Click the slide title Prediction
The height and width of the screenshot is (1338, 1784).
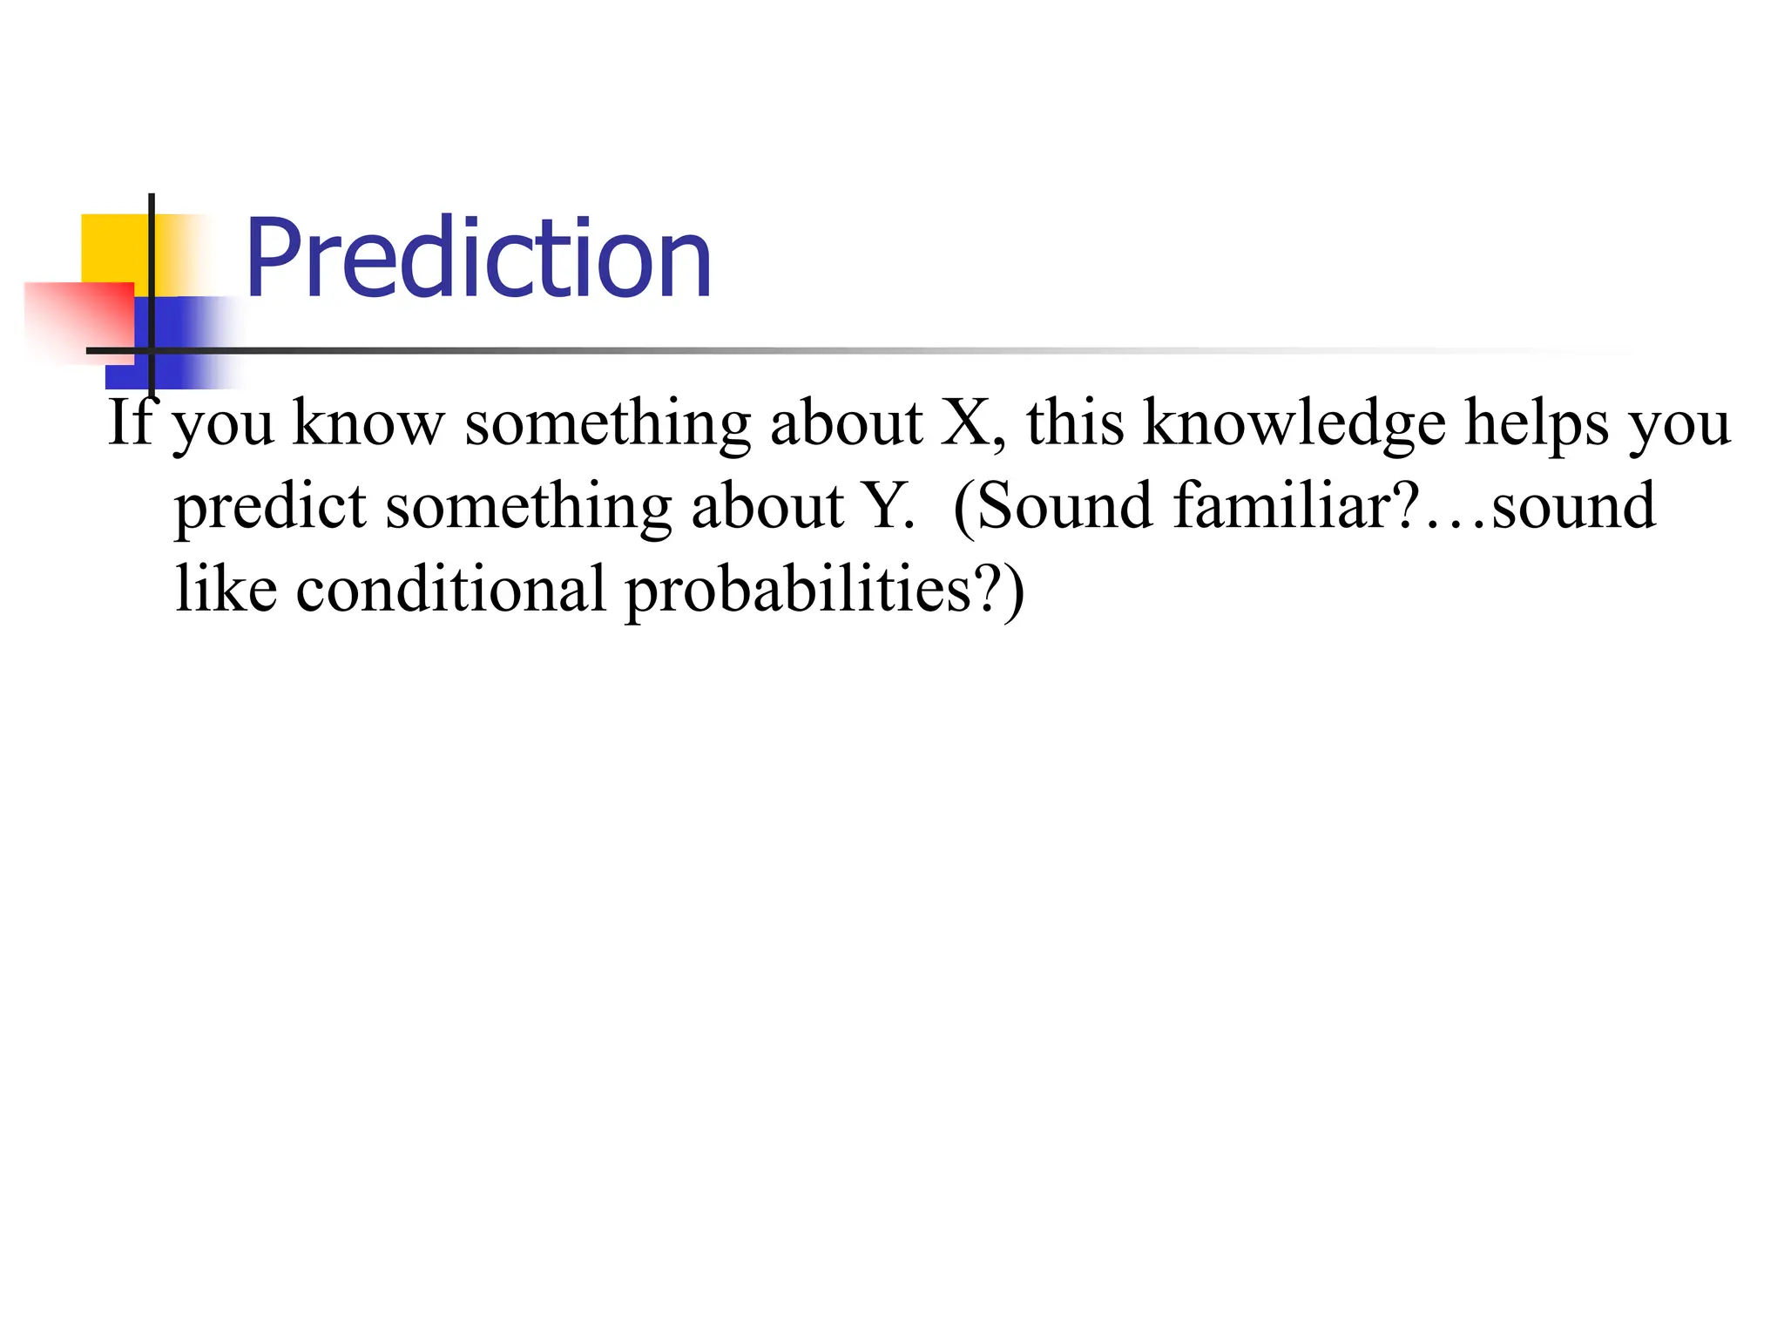pyautogui.click(x=478, y=259)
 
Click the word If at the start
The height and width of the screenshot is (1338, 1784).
pyautogui.click(x=129, y=422)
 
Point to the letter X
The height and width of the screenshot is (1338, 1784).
pyautogui.click(x=964, y=422)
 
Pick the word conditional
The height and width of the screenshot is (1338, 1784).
pyautogui.click(x=450, y=590)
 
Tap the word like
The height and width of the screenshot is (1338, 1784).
pyautogui.click(x=226, y=590)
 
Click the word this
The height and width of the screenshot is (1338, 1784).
pyautogui.click(x=1075, y=422)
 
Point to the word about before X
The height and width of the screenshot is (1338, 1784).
pyautogui.click(x=846, y=422)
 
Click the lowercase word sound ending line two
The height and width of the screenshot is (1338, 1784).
pyautogui.click(x=1573, y=506)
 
